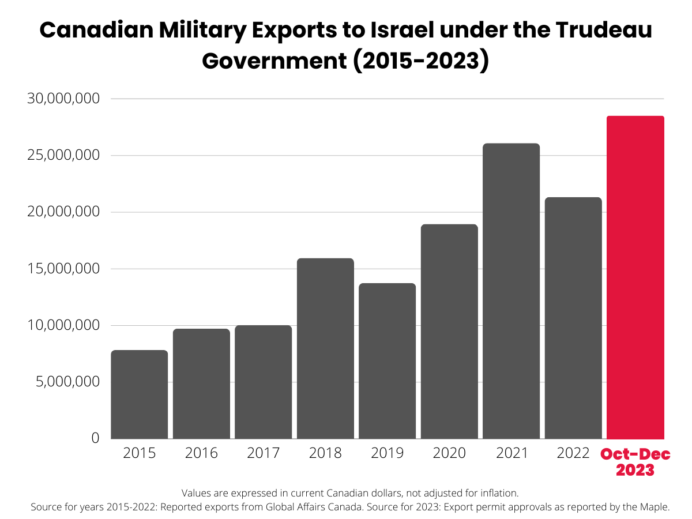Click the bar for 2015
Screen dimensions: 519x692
coord(139,394)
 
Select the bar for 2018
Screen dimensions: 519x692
coord(325,348)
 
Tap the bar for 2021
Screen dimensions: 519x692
coord(511,291)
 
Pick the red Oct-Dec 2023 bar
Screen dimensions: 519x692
coord(635,277)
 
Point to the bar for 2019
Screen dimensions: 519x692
coord(387,361)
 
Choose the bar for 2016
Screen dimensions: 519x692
coord(201,383)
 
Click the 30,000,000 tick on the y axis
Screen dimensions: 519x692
coord(64,99)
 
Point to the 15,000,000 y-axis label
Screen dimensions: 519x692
coord(64,269)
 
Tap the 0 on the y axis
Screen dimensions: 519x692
coord(96,438)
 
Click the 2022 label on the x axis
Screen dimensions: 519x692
coord(573,453)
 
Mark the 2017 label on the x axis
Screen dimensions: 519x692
coord(263,453)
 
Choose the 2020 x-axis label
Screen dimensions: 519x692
coord(449,453)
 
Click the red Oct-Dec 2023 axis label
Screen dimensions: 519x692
coord(635,462)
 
